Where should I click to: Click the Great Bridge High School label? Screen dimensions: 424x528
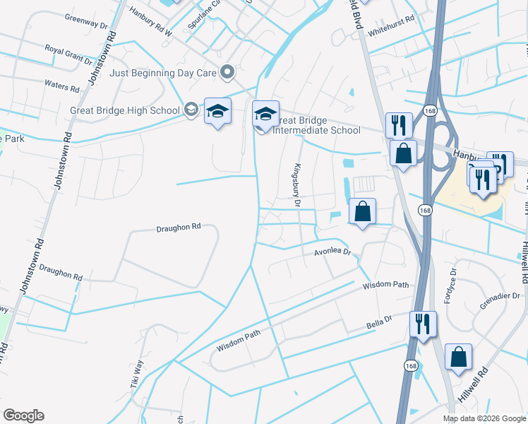(x=125, y=110)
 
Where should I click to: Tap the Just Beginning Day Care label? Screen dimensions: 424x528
(x=164, y=72)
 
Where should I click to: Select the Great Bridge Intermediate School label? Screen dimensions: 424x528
(x=316, y=125)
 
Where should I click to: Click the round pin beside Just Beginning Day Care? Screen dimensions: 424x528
(x=227, y=71)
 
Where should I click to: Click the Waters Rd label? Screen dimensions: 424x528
(x=62, y=86)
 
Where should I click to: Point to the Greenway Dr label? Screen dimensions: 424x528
(x=85, y=20)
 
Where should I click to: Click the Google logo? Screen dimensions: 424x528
(x=23, y=416)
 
